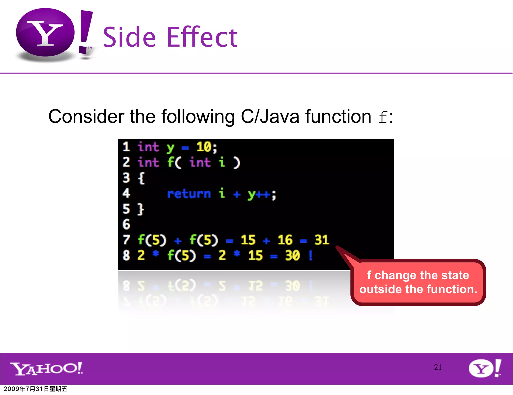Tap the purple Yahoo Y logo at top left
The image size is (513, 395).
pyautogui.click(x=45, y=33)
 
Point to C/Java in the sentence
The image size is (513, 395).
pyautogui.click(x=270, y=117)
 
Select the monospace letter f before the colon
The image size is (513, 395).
pyautogui.click(x=383, y=117)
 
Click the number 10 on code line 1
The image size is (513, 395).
pyautogui.click(x=204, y=147)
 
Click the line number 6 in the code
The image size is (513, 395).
pyautogui.click(x=126, y=224)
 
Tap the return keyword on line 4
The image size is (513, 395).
pyautogui.click(x=189, y=194)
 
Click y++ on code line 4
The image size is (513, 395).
pyautogui.click(x=259, y=194)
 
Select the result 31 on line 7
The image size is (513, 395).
pyautogui.click(x=322, y=240)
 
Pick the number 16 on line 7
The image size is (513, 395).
pyautogui.click(x=285, y=240)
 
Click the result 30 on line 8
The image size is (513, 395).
pyautogui.click(x=292, y=256)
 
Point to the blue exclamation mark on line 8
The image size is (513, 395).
pyautogui.click(x=311, y=255)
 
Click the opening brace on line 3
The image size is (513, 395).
pyautogui.click(x=141, y=178)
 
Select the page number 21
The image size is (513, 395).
pyautogui.click(x=438, y=367)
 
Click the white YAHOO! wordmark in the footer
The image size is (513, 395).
pyautogui.click(x=47, y=368)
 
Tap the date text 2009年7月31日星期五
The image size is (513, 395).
pyautogui.click(x=36, y=389)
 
